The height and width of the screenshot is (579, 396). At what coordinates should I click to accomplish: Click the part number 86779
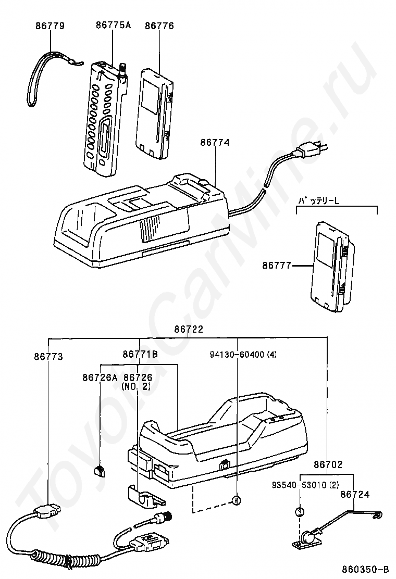pyautogui.click(x=50, y=26)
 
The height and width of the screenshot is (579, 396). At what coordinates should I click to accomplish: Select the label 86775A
pyautogui.click(x=113, y=25)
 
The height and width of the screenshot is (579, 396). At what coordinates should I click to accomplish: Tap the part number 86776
pyautogui.click(x=159, y=26)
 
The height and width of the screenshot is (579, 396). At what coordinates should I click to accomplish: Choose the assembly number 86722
pyautogui.click(x=188, y=329)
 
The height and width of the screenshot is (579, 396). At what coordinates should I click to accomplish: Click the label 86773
pyautogui.click(x=48, y=357)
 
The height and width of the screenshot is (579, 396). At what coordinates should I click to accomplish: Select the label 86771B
pyautogui.click(x=140, y=355)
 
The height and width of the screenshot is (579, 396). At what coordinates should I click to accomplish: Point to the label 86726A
pyautogui.click(x=100, y=377)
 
